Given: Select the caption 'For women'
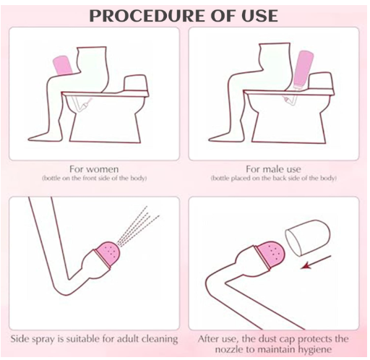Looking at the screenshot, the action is click(94, 169).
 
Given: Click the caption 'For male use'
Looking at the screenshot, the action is click(273, 169).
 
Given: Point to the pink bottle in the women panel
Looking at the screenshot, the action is click(62, 65).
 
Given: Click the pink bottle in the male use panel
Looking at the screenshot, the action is click(302, 70).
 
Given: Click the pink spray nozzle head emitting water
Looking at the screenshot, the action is click(108, 252).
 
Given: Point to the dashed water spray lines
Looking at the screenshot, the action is click(138, 226).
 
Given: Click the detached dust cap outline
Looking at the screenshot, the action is click(307, 237).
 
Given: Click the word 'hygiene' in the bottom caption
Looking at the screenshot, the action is click(315, 349).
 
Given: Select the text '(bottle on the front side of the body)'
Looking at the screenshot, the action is click(95, 179).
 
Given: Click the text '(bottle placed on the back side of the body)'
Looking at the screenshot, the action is click(273, 179).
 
